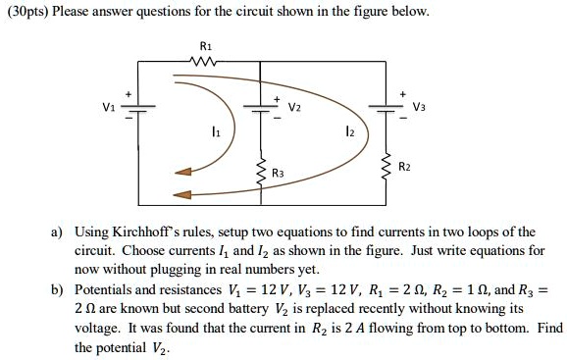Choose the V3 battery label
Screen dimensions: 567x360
pos(419,109)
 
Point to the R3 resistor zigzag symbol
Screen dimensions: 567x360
pos(260,174)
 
